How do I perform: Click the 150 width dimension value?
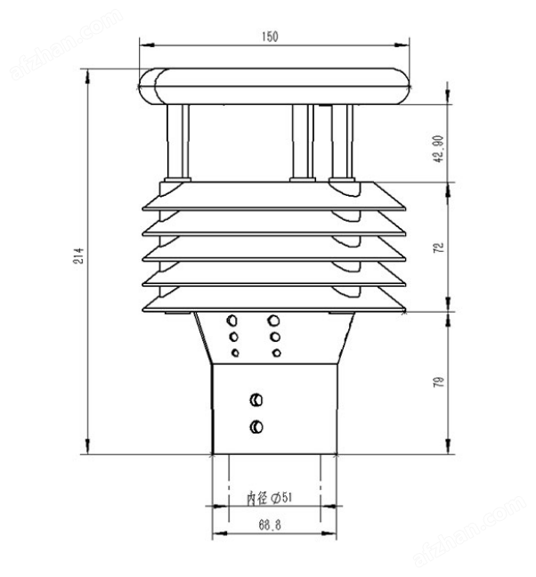click(270, 37)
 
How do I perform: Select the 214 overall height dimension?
click(78, 256)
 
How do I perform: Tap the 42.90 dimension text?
click(438, 149)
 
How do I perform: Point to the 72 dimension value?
click(439, 248)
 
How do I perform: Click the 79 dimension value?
click(439, 382)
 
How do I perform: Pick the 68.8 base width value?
click(270, 524)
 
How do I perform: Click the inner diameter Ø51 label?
click(269, 499)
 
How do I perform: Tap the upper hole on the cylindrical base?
click(256, 400)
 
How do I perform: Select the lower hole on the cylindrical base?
click(256, 427)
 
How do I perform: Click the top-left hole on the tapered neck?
click(231, 321)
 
